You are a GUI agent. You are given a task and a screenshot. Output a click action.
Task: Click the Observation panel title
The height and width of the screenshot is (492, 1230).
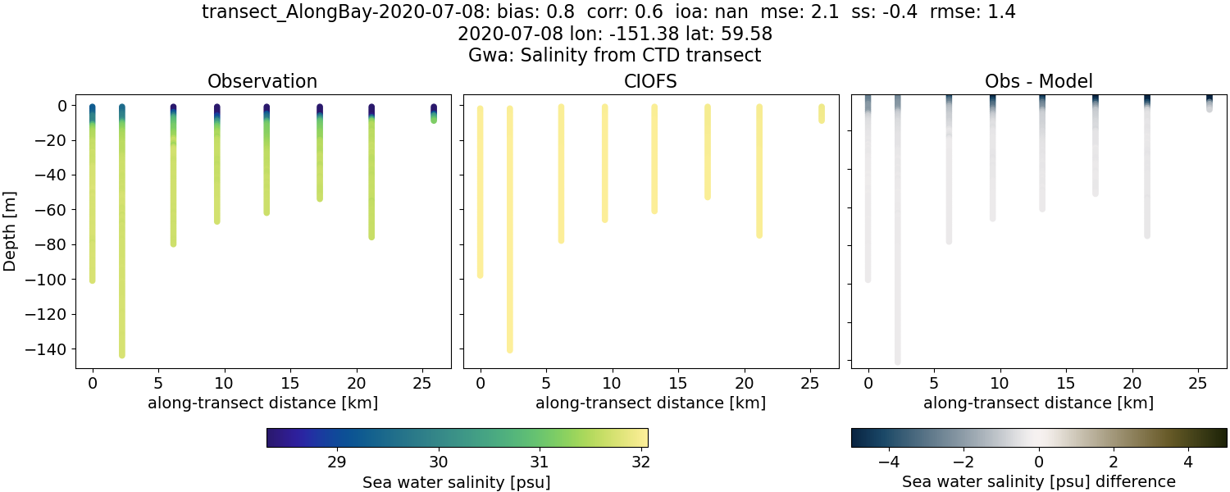(x=262, y=81)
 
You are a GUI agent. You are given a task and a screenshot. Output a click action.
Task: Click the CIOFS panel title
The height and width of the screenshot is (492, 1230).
(x=650, y=81)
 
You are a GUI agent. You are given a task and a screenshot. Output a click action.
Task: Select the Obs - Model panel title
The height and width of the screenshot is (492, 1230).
(x=1038, y=81)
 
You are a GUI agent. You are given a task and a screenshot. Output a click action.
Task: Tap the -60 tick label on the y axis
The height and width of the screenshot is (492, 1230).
(x=53, y=210)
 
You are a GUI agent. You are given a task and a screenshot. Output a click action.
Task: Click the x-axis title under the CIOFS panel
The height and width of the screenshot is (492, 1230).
(x=650, y=403)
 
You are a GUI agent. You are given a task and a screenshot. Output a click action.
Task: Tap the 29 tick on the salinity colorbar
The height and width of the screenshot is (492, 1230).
(x=336, y=462)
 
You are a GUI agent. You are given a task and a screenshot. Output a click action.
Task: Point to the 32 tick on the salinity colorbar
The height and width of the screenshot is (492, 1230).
(x=641, y=462)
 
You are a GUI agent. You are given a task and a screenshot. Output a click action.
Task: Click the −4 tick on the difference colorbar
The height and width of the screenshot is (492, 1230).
(x=889, y=462)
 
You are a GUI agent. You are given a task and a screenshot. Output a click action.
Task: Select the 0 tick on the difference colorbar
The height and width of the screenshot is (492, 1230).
(x=1039, y=462)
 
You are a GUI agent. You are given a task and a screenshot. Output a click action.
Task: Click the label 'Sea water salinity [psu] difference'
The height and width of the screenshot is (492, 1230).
(x=1038, y=481)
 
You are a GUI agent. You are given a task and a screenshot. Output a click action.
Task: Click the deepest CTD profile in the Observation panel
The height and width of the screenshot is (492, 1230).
(x=122, y=246)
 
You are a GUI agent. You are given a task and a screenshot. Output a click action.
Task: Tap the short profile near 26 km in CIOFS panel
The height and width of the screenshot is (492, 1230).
(x=821, y=114)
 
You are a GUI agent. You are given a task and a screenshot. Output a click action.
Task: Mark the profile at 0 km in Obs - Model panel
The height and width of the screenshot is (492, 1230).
(x=868, y=189)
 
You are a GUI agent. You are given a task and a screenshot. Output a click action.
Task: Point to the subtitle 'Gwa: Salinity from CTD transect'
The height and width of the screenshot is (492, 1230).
(x=614, y=55)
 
